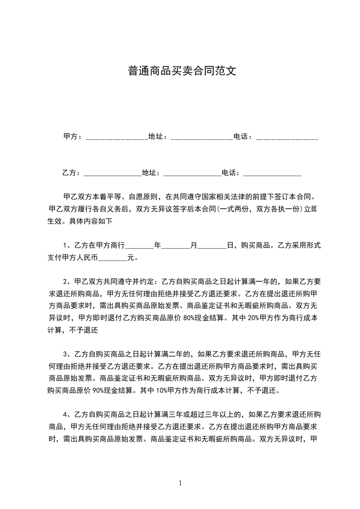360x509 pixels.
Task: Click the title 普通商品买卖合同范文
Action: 180,71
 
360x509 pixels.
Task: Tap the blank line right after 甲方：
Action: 117,137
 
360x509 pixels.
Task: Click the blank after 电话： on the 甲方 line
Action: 287,137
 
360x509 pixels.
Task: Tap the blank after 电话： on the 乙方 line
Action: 272,173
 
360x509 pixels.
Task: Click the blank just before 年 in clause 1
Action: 139,246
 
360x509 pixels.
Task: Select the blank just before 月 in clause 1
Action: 176,246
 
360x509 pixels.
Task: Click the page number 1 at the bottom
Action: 180,483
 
